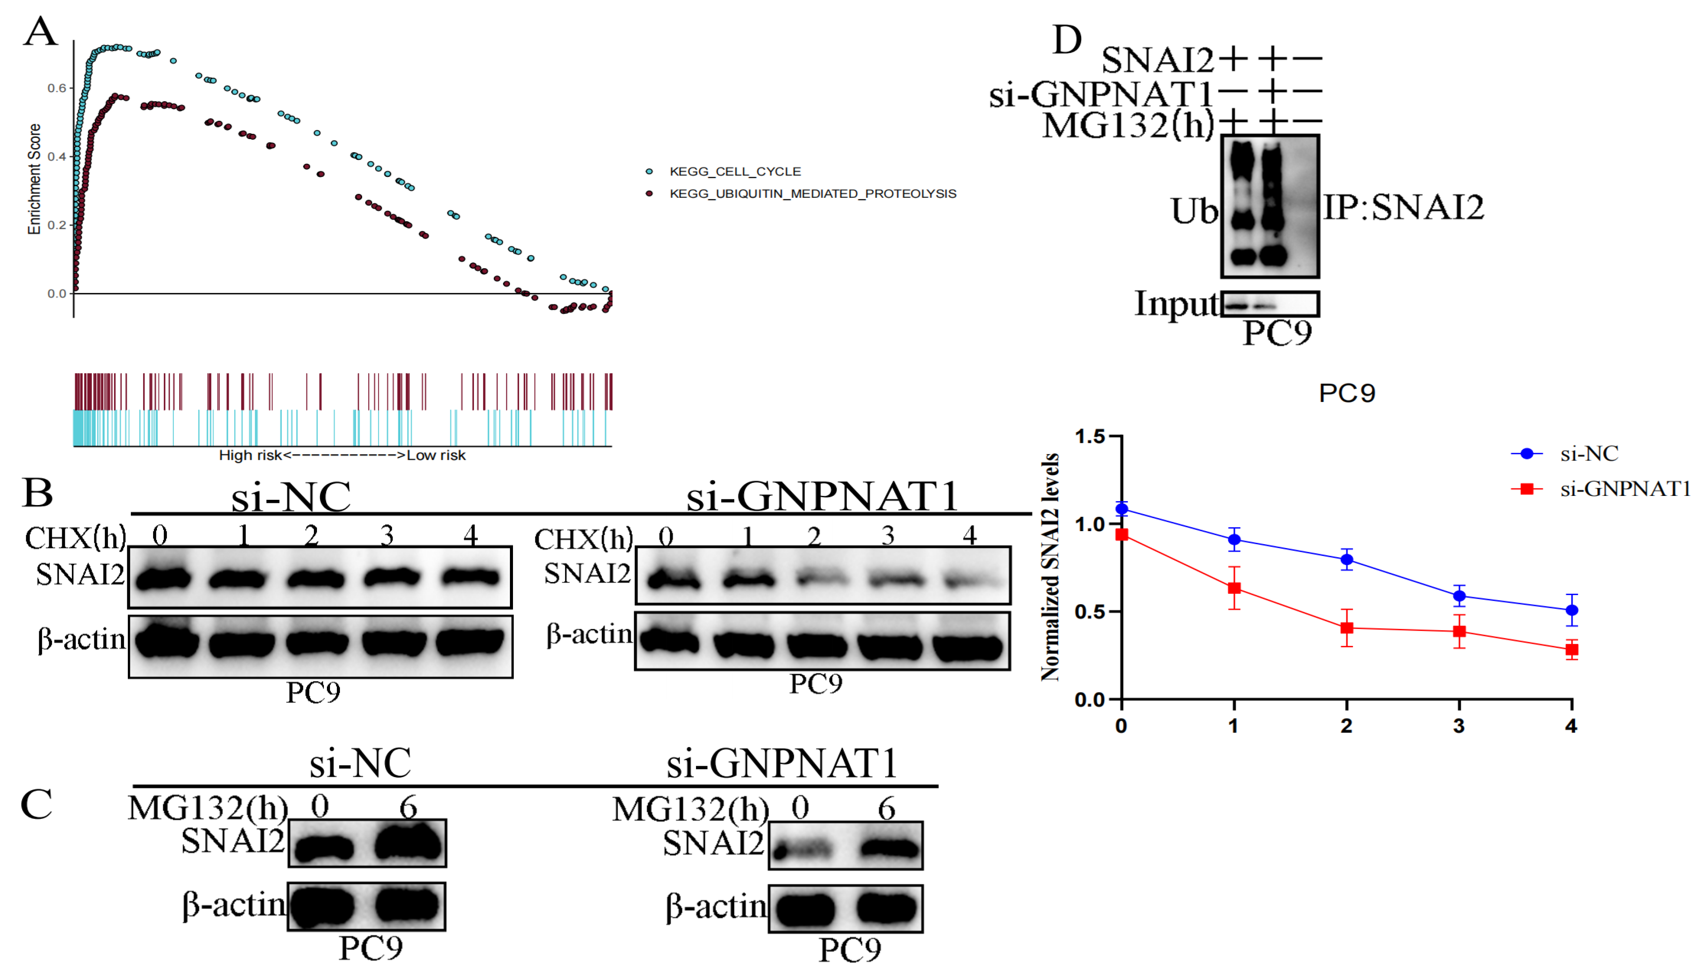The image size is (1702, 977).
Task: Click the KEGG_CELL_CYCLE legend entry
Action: (734, 172)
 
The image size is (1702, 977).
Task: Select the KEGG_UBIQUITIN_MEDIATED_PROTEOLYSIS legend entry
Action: (812, 194)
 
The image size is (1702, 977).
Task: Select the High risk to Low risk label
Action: (342, 455)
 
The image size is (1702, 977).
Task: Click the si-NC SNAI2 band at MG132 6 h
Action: (408, 843)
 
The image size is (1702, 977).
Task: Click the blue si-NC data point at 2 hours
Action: (1346, 560)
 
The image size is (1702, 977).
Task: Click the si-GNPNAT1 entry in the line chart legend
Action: (1624, 489)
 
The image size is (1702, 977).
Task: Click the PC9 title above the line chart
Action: (1346, 393)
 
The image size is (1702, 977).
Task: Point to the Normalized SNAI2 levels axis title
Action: (1050, 567)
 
